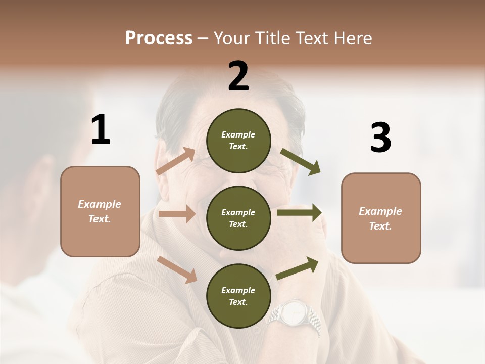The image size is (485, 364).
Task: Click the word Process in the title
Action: click(x=159, y=38)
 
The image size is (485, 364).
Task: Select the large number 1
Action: click(x=101, y=130)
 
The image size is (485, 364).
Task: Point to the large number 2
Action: click(x=238, y=76)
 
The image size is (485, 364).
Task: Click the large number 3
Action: click(x=380, y=138)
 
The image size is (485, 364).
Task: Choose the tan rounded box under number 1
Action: click(x=100, y=211)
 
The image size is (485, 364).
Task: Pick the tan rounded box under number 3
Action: click(x=381, y=218)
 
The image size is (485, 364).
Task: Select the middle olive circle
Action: click(x=238, y=218)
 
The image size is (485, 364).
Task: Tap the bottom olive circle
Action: click(x=238, y=296)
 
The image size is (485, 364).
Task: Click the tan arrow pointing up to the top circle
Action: click(x=176, y=161)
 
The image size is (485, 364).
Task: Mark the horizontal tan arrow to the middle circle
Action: click(x=177, y=214)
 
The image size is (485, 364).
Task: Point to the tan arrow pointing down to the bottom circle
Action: click(x=177, y=269)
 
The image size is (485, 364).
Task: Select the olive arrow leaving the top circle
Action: click(x=300, y=162)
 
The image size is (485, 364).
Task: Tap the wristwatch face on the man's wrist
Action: click(x=293, y=313)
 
